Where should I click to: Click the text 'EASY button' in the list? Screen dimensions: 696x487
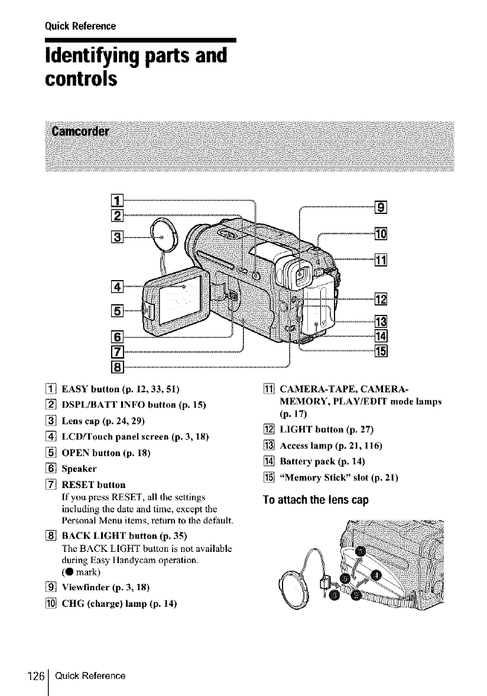tap(54, 389)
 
